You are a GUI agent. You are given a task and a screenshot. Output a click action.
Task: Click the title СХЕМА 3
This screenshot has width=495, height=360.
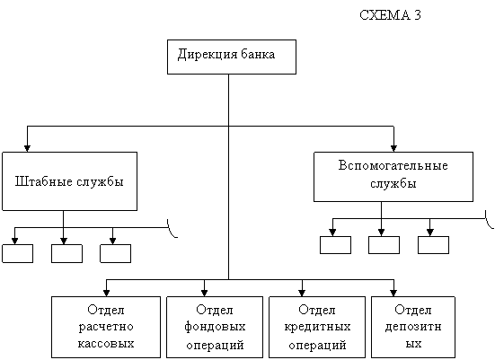click(x=390, y=15)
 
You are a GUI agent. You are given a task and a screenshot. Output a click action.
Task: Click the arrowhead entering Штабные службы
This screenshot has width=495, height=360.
click(x=28, y=148)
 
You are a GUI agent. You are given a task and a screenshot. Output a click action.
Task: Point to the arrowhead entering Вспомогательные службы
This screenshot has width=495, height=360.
click(x=393, y=148)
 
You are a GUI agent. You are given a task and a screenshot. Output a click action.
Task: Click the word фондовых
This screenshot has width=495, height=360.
click(x=215, y=326)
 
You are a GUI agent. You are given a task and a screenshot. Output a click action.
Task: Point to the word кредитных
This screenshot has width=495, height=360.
click(x=317, y=327)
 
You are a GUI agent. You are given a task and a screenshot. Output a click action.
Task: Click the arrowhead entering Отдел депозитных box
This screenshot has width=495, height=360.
click(x=393, y=293)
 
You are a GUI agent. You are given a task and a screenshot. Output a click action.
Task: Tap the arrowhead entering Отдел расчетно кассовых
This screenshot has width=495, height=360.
click(x=107, y=293)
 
